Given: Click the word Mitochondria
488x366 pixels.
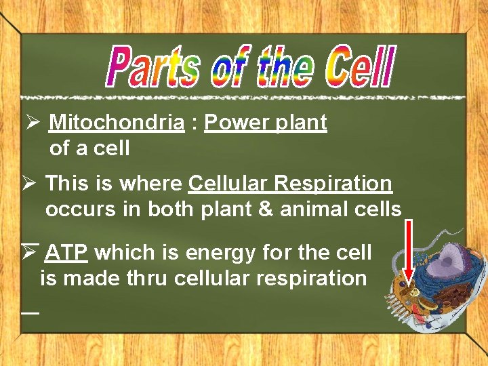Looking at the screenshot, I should click(117, 123).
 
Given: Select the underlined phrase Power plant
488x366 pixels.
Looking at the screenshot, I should click(265, 123).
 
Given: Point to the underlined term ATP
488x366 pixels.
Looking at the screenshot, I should click(66, 253).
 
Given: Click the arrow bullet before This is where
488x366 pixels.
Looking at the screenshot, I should click(30, 184).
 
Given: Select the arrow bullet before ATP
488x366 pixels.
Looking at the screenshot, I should click(30, 252).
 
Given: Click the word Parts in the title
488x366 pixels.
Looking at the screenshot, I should click(154, 67).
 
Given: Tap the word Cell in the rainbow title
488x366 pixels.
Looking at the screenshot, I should click(359, 67).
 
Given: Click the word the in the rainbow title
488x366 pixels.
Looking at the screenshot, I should click(283, 67).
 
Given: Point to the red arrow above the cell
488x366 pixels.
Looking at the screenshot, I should click(408, 251).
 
